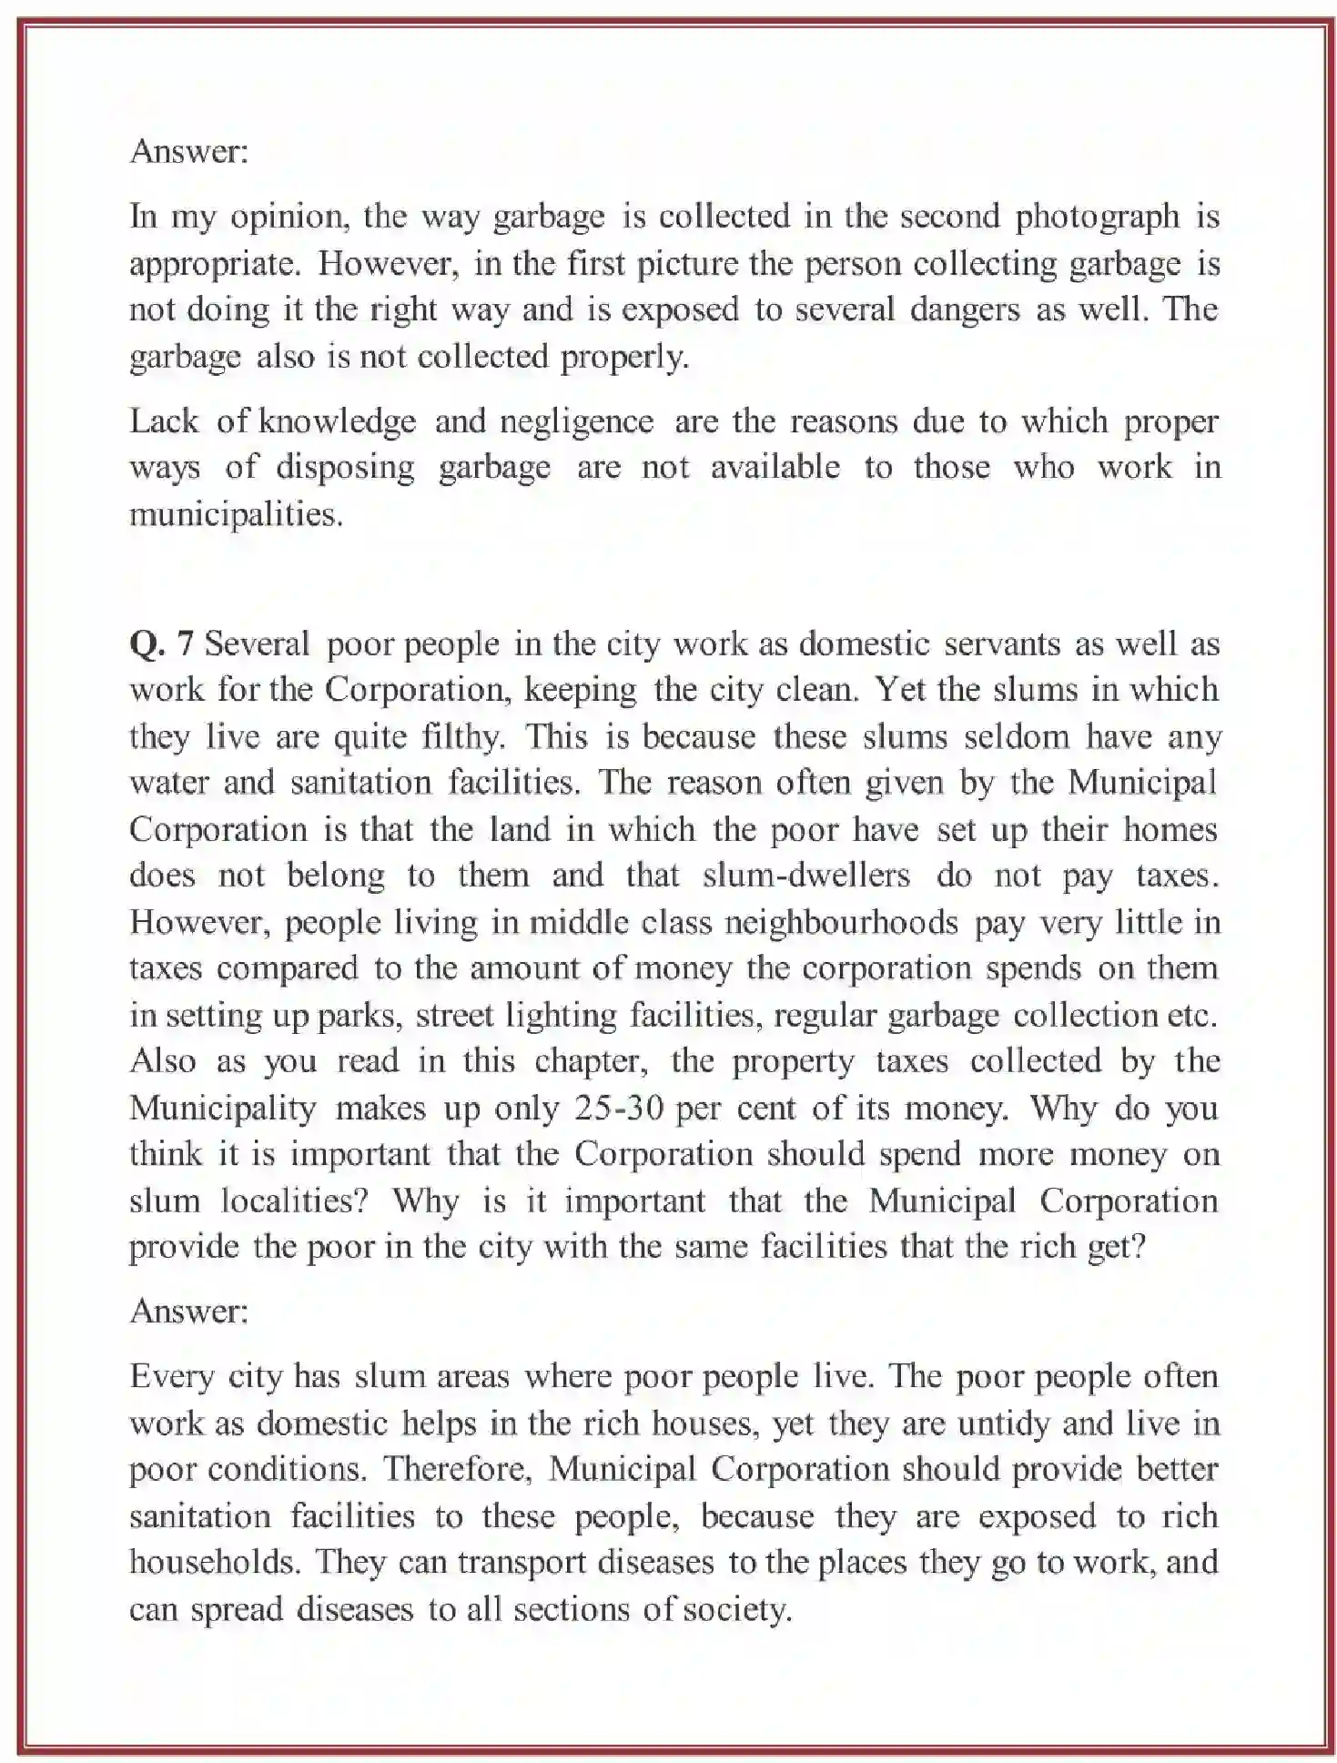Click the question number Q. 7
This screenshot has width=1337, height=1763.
161,644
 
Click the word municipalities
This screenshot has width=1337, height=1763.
236,515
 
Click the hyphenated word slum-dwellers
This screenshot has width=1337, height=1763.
805,876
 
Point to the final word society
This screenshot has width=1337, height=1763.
735,1610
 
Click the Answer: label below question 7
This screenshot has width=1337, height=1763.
188,1312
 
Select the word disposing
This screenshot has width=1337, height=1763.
345,468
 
